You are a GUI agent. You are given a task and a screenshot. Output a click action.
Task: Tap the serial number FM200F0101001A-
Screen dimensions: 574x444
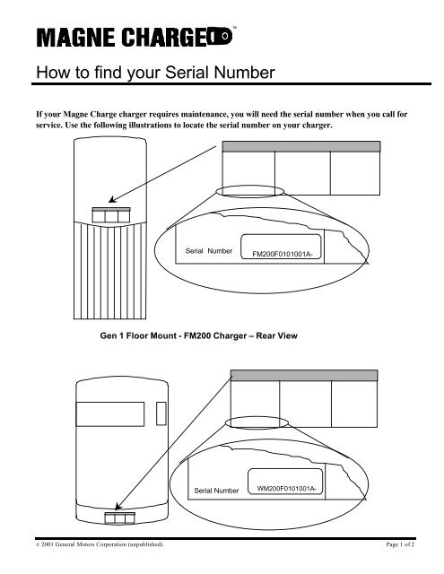[288, 254]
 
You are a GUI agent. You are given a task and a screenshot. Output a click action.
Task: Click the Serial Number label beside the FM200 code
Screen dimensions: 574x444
[208, 251]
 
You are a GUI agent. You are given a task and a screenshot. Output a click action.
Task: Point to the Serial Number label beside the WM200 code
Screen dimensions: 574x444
[216, 491]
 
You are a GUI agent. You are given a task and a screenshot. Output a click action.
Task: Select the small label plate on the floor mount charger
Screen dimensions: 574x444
[110, 214]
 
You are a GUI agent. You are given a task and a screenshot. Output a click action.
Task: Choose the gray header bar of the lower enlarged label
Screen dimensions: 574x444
[308, 374]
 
